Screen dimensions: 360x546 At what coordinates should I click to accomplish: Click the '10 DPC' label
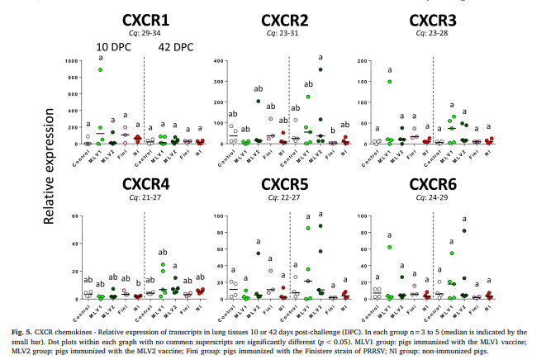112,47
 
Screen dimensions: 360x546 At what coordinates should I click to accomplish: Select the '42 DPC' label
175,47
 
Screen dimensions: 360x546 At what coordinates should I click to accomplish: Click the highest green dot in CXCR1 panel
100,70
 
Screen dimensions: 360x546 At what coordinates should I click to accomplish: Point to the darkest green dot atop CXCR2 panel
320,69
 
